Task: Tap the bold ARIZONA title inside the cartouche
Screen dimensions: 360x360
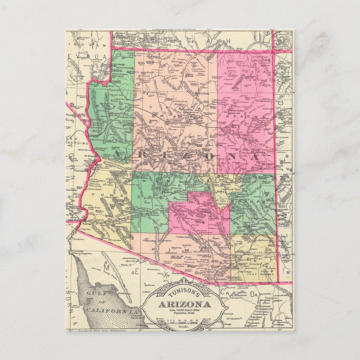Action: coord(184,304)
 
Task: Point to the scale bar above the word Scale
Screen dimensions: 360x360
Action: coord(184,321)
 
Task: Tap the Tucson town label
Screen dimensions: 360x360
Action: coord(204,248)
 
